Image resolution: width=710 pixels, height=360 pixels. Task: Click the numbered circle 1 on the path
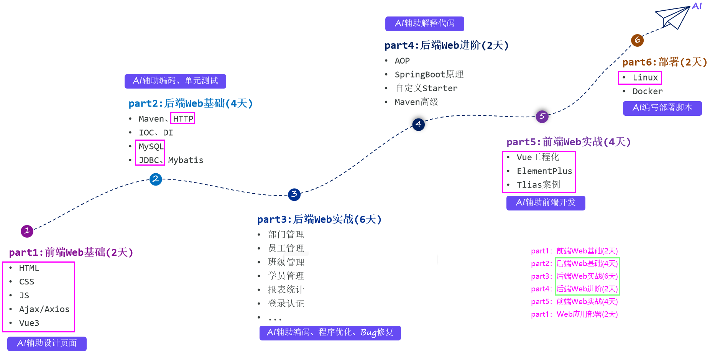tap(27, 231)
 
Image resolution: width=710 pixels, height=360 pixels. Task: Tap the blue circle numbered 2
tap(156, 179)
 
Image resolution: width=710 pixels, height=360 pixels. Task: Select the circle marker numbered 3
tap(294, 194)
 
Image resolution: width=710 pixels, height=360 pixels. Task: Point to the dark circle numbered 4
tap(418, 124)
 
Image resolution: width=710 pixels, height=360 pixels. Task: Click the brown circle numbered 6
tap(637, 40)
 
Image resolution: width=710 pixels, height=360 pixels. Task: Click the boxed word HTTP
tap(183, 119)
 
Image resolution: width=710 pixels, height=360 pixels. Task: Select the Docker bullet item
tap(647, 91)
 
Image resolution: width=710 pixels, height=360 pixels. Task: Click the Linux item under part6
tap(645, 77)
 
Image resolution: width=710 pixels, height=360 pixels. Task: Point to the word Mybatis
tap(186, 160)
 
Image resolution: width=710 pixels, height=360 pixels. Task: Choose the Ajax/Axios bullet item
tap(44, 309)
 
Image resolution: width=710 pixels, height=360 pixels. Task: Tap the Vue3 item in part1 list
tap(29, 323)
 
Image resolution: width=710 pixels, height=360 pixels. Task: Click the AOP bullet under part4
tap(402, 61)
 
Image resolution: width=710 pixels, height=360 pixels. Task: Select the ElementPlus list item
tap(544, 171)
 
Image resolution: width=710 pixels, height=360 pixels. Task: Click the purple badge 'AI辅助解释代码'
tap(424, 23)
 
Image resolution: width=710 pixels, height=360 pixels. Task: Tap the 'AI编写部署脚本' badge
tap(662, 108)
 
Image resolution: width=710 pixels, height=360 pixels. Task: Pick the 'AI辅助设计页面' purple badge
tap(47, 343)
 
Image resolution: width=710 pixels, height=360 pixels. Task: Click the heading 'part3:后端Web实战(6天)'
tap(319, 219)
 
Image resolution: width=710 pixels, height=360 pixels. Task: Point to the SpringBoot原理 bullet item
tap(429, 74)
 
